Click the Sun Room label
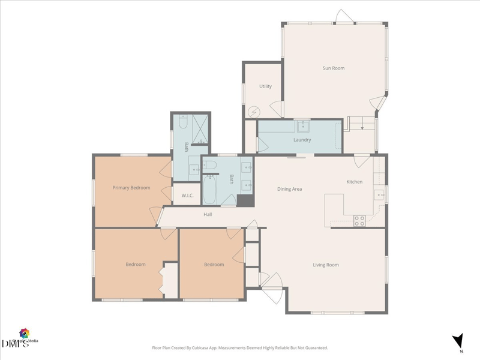pos(334,68)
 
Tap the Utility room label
pos(265,86)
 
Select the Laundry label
pos(302,140)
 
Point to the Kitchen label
pos(354,182)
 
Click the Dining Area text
pos(289,189)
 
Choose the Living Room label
pos(326,265)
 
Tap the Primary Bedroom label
pos(131,188)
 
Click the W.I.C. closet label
pos(183,195)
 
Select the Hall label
pos(208,214)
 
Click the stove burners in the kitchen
pos(359,221)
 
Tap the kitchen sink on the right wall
pos(379,194)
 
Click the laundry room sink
pos(302,125)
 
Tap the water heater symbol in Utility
pos(254,112)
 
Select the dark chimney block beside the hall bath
pos(245,200)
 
